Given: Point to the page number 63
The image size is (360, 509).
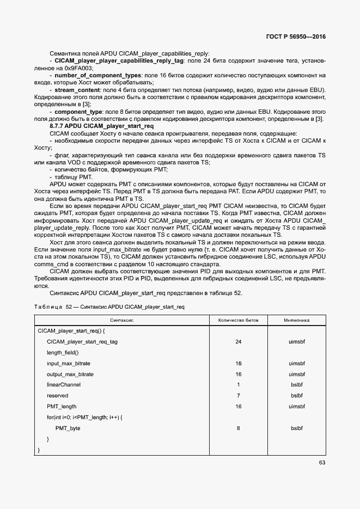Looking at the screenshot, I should pyautogui.click(x=322, y=463).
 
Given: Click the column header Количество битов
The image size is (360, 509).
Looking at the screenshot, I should pyautogui.click(x=238, y=320).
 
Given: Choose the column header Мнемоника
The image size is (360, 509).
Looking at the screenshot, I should pyautogui.click(x=296, y=320).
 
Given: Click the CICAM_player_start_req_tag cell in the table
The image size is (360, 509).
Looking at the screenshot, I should pyautogui.click(x=82, y=342).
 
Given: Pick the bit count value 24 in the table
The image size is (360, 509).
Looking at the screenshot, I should pyautogui.click(x=238, y=342).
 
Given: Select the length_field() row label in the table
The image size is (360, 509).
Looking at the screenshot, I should pyautogui.click(x=63, y=353).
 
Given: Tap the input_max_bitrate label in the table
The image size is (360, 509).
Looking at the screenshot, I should pyautogui.click(x=69, y=364).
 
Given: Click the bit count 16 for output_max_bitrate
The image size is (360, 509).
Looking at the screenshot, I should pyautogui.click(x=238, y=375).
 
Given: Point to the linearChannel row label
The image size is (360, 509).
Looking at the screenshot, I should pyautogui.click(x=64, y=385).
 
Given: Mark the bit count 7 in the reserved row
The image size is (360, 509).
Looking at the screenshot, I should pyautogui.click(x=238, y=396).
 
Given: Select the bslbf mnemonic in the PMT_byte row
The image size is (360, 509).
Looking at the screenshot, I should pyautogui.click(x=296, y=428).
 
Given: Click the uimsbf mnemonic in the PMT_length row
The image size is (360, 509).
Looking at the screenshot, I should pyautogui.click(x=296, y=407).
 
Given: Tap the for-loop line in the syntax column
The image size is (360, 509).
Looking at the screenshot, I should pyautogui.click(x=84, y=418).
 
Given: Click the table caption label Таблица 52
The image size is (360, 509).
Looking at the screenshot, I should pyautogui.click(x=48, y=307).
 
